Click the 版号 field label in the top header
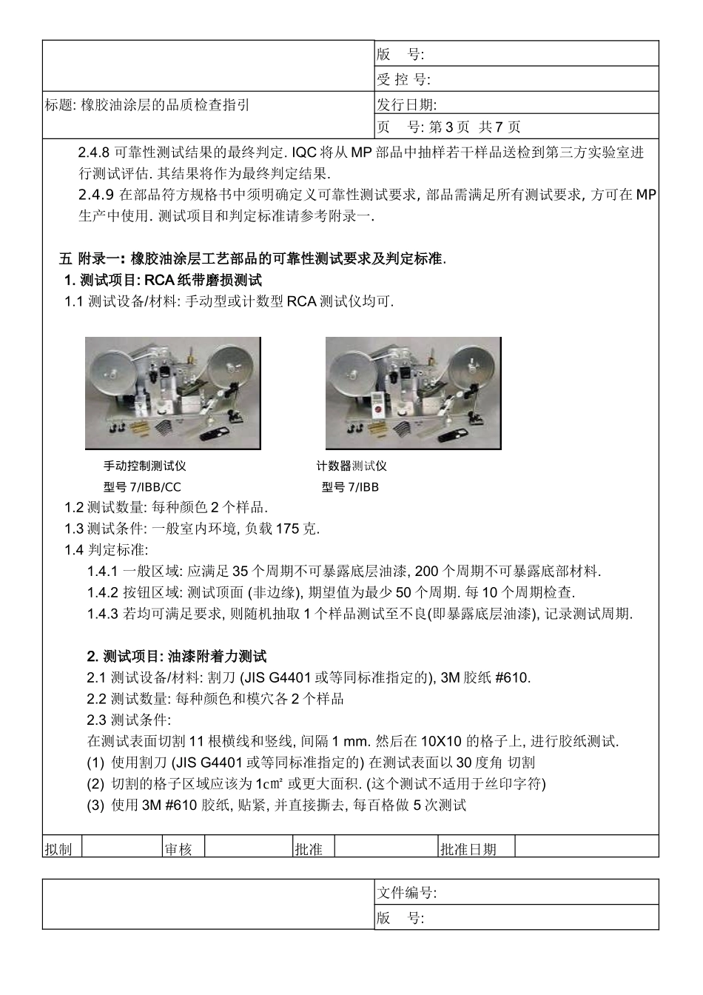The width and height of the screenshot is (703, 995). coord(400,54)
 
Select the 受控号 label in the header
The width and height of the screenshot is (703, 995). coord(403,79)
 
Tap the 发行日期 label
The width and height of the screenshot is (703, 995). coord(407,104)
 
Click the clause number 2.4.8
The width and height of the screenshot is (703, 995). coord(94,153)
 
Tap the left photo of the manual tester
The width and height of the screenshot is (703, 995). coord(172,393)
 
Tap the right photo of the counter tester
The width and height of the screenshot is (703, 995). coord(413,393)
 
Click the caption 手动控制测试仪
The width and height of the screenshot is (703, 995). coord(144,466)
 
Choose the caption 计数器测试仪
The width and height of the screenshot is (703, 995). coord(351,466)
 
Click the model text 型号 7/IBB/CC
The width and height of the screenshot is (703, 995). coord(142,487)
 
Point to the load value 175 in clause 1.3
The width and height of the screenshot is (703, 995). coord(286,529)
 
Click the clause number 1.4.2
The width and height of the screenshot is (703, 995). coord(102,593)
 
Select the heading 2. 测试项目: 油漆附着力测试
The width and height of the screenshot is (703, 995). coord(177,657)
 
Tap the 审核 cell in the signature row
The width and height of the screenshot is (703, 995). coord(178,849)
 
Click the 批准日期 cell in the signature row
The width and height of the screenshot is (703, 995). coord(468,849)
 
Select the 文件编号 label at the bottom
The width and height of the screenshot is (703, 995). coord(407,894)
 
